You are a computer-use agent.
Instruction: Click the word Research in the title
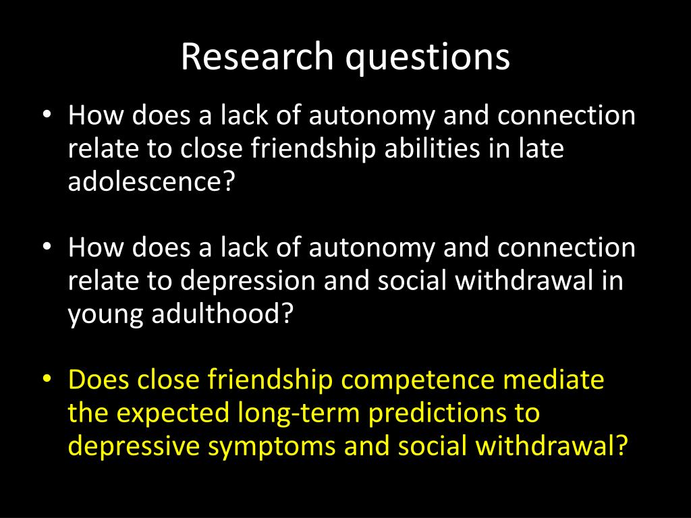257,56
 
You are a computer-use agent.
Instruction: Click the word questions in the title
427,58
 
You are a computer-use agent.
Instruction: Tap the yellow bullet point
47,380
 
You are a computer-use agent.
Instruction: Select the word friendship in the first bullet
313,148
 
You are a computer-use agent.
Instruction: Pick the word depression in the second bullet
248,281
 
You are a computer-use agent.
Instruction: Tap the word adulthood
223,313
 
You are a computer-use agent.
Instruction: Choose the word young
105,316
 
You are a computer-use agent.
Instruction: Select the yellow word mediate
553,379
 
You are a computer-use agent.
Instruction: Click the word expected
173,414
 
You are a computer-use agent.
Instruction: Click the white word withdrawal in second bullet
524,280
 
